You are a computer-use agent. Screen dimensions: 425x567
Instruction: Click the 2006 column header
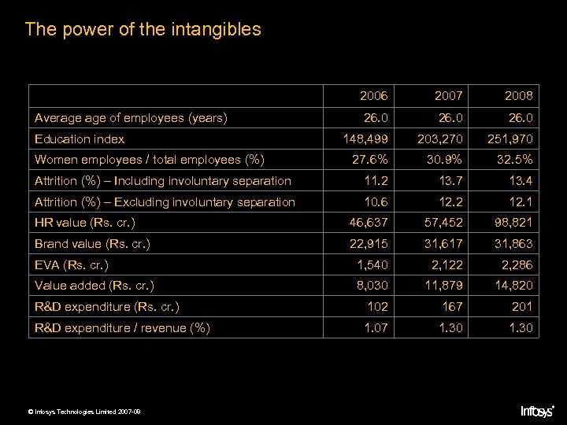[373, 97]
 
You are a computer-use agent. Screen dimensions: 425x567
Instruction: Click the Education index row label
[80, 139]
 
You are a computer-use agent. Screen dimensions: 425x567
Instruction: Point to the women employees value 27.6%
[369, 161]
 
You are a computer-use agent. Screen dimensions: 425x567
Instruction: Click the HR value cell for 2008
[513, 223]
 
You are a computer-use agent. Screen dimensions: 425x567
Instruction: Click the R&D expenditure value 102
[378, 306]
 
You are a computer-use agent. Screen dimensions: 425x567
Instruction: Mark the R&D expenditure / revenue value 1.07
[375, 327]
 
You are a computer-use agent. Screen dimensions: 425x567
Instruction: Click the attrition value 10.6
[375, 202]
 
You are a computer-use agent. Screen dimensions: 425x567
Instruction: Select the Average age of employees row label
[131, 119]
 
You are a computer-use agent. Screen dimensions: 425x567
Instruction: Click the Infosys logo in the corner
[538, 410]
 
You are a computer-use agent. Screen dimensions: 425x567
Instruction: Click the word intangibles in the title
[213, 30]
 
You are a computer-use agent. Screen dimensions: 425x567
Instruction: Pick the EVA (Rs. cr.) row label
[72, 264]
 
